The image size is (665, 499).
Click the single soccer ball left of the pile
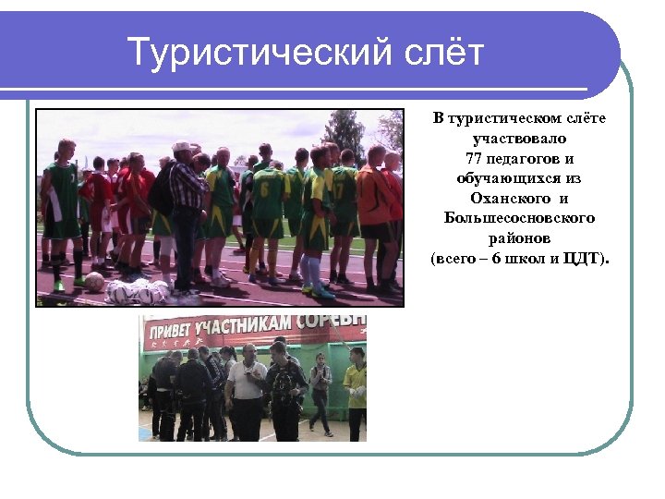point(94,281)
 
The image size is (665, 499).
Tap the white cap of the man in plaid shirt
point(183,147)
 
